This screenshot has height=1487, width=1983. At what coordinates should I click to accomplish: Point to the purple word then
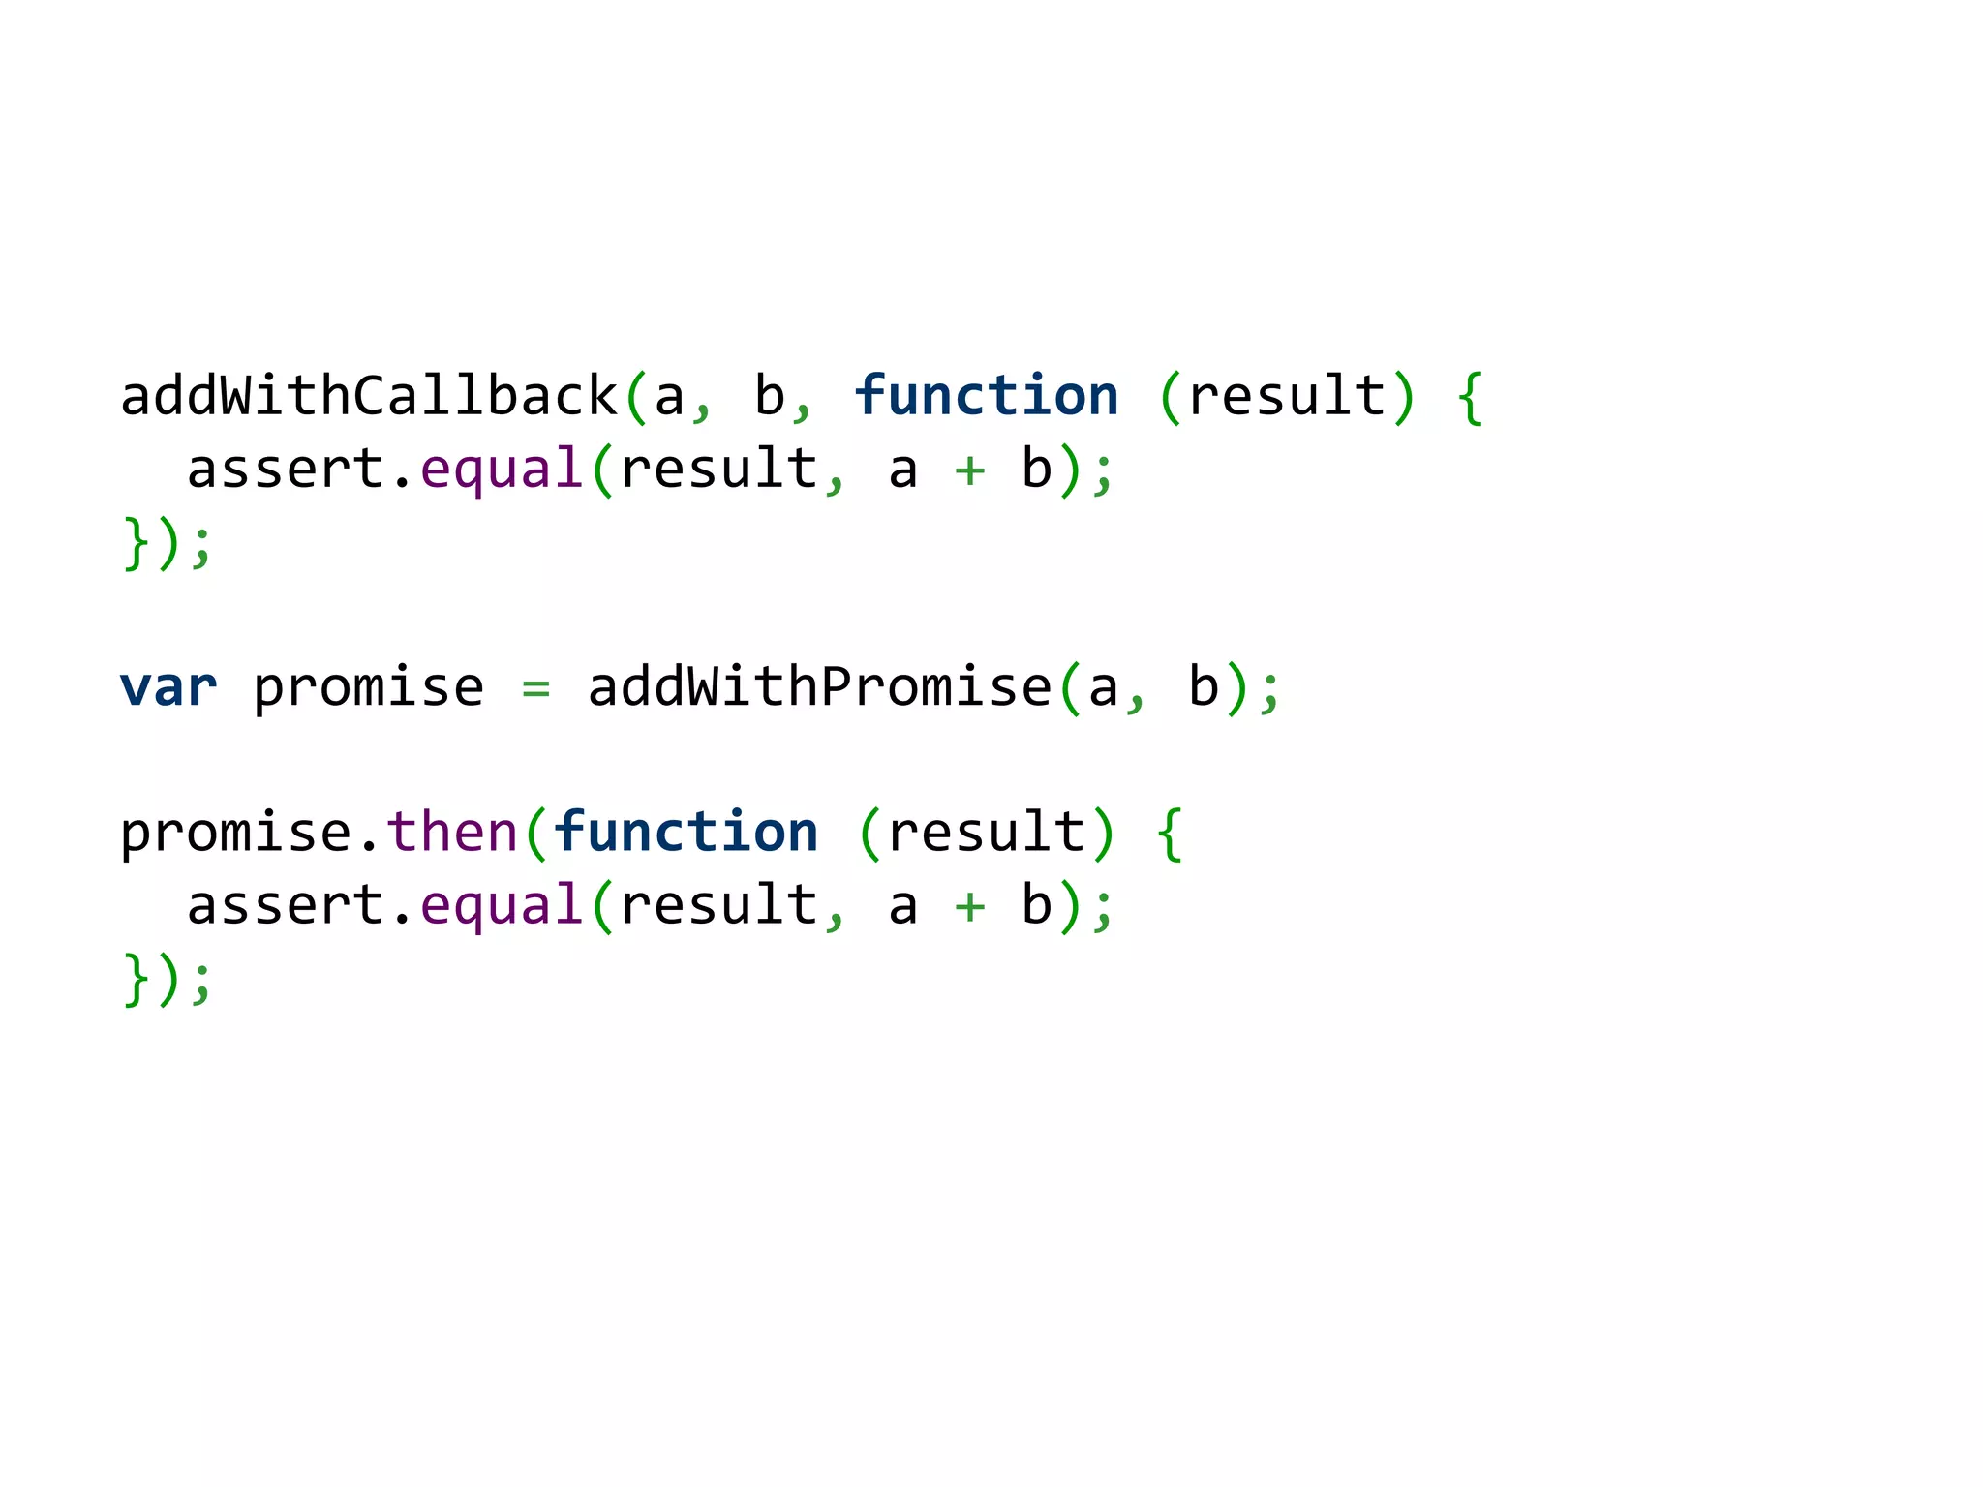[452, 832]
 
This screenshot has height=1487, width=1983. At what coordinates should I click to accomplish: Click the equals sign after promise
[535, 689]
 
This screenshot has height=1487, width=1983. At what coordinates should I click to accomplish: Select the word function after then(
[686, 832]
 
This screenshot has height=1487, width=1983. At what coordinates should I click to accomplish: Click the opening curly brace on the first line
[1470, 397]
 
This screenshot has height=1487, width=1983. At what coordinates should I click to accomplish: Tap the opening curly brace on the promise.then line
[1170, 834]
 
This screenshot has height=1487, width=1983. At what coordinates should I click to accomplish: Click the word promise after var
[368, 689]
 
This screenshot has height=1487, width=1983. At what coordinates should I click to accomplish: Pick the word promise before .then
[235, 834]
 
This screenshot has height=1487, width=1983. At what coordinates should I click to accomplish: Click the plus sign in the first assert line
[969, 470]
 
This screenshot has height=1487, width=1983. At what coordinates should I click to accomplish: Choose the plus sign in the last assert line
[969, 907]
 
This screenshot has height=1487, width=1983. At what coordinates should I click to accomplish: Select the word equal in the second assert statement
[501, 906]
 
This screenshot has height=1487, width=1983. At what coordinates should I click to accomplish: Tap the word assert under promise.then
[287, 906]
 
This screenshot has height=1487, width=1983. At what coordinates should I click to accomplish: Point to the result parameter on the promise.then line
[987, 832]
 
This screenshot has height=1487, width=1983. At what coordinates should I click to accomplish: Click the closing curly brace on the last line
[136, 980]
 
